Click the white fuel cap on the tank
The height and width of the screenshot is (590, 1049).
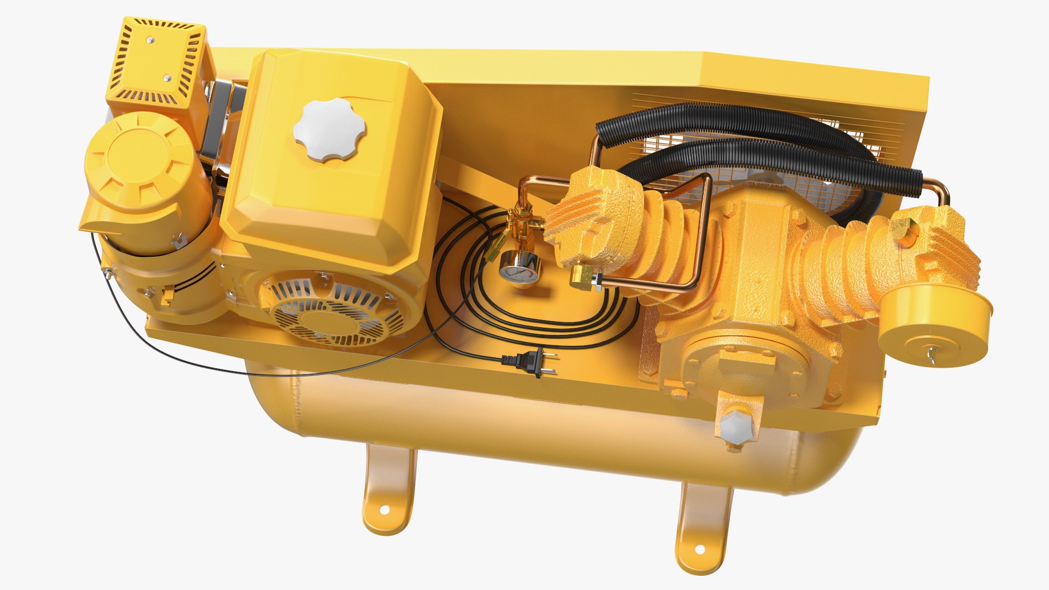coord(329,129)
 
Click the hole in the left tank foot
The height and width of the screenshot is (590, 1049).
coord(384,509)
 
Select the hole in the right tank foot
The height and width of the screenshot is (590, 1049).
coord(699,548)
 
